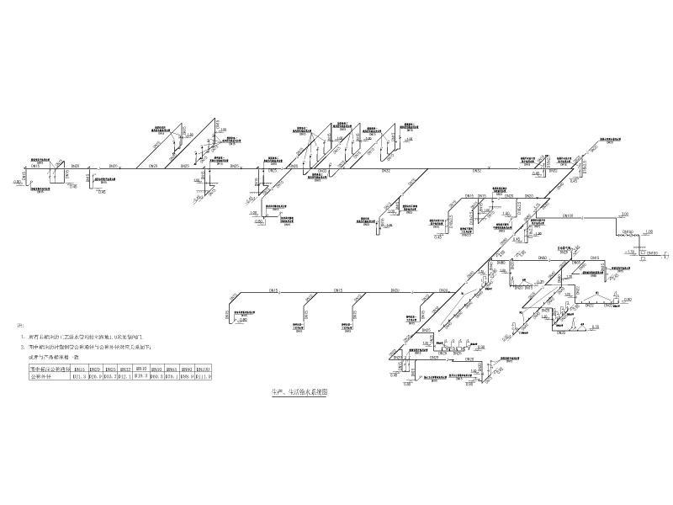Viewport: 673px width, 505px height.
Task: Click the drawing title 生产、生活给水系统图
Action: coord(295,391)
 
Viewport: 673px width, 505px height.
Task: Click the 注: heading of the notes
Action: coord(21,324)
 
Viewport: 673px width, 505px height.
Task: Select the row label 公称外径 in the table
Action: coord(42,376)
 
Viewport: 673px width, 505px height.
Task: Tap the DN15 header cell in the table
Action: coord(82,368)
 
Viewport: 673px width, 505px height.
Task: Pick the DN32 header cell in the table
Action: coord(125,368)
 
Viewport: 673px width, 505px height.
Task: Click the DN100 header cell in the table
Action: coord(203,368)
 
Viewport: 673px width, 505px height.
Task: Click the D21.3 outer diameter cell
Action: coord(82,376)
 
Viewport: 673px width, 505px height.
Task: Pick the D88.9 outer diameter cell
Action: coord(188,376)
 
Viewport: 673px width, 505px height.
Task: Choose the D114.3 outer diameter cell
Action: coord(204,376)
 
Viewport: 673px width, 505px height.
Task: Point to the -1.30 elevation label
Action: coord(628,250)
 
